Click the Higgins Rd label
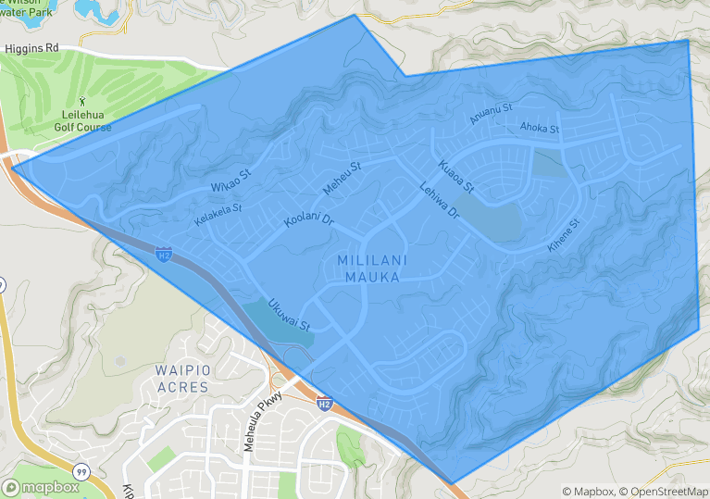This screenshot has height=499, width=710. pos(31,47)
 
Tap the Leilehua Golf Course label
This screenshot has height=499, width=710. pos(82,120)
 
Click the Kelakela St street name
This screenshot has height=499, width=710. pos(218,216)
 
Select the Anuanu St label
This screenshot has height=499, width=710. pos(490,114)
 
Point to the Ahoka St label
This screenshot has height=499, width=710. pos(540,127)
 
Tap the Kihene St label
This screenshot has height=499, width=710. pos(563,236)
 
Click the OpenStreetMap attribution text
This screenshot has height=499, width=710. pos(664,492)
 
